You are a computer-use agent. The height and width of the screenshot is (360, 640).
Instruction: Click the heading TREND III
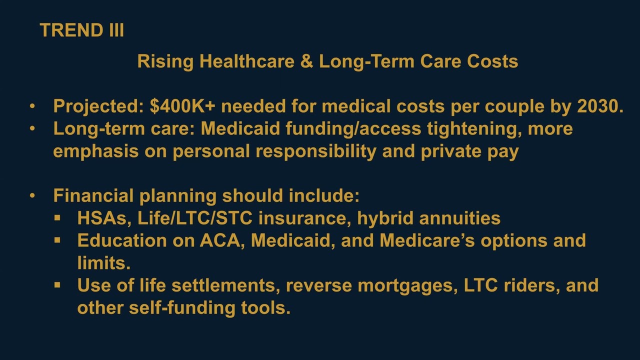(x=82, y=30)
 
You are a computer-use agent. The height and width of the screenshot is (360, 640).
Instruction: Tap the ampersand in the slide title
(x=306, y=61)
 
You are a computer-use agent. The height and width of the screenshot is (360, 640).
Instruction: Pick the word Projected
(x=98, y=106)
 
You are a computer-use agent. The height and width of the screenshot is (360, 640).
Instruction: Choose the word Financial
(x=93, y=195)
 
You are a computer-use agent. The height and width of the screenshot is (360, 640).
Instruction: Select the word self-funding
(x=182, y=307)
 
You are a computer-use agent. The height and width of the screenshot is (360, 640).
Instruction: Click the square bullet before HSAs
(x=57, y=218)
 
